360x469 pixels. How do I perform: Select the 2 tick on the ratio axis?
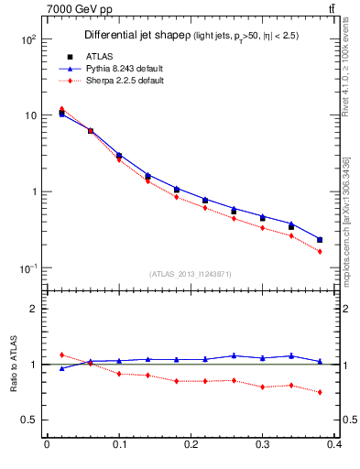[x=32, y=309]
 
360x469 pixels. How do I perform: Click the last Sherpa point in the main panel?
[x=320, y=251]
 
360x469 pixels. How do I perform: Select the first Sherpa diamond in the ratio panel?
[x=61, y=354]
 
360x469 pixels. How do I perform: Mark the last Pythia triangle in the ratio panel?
[x=320, y=361]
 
